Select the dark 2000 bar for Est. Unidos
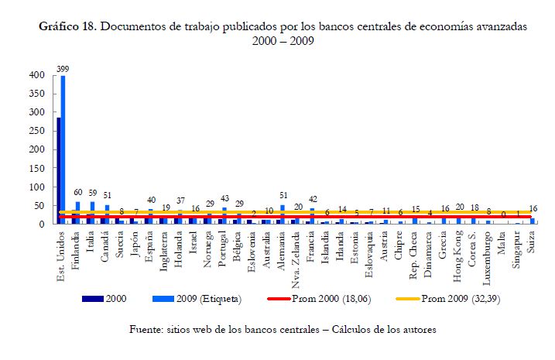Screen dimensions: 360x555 58,170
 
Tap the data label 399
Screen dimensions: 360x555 62,69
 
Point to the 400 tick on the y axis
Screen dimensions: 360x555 35,75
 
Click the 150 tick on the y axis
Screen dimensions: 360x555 35,168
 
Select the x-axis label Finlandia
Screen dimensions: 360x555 76,248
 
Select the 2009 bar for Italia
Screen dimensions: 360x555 93,213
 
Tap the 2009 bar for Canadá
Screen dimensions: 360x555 107,214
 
